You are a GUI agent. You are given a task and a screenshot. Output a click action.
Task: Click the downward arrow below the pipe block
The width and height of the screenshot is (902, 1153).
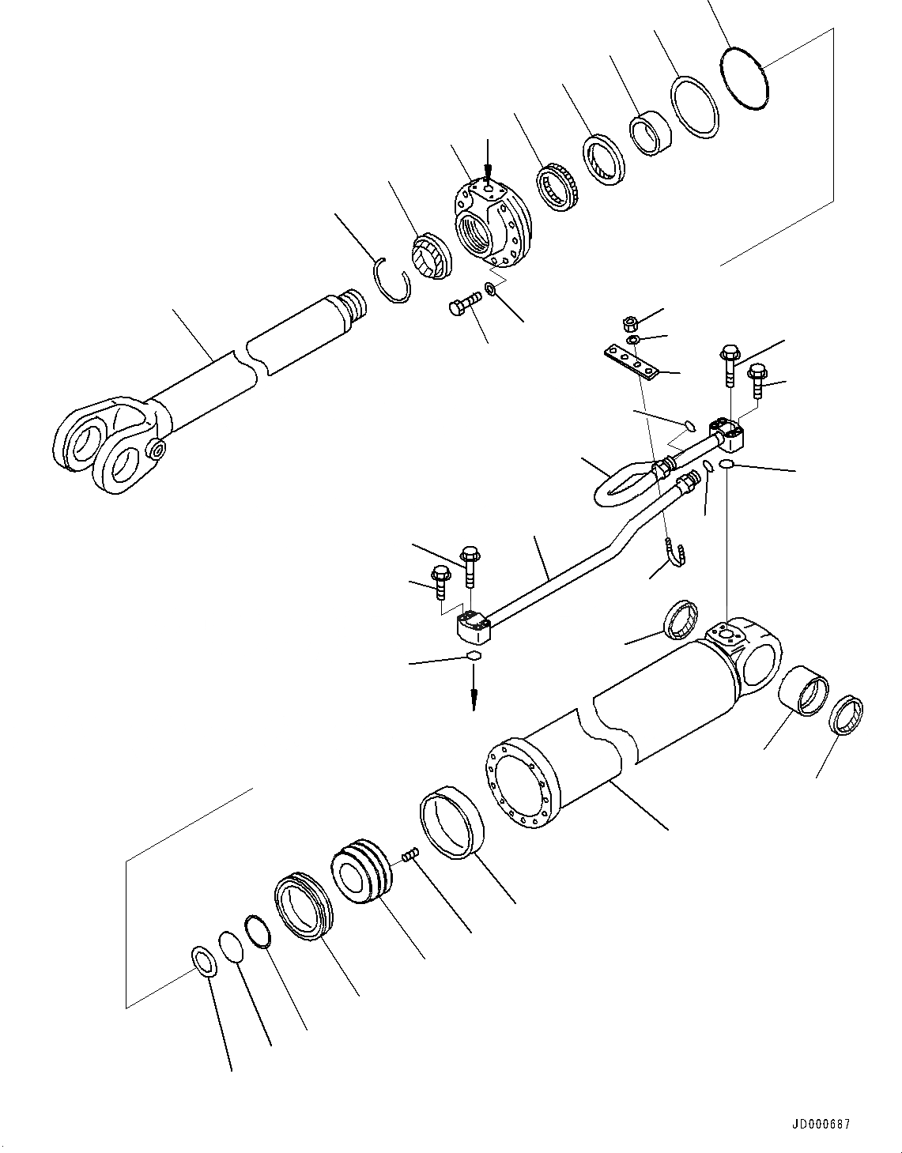coord(474,695)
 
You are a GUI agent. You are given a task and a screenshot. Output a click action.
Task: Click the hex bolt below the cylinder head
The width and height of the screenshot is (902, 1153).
coord(463,304)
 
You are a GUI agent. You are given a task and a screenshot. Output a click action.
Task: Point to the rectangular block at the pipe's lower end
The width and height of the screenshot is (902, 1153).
coord(471,628)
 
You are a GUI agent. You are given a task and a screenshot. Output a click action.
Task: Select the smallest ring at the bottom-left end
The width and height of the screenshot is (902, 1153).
coord(205,961)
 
